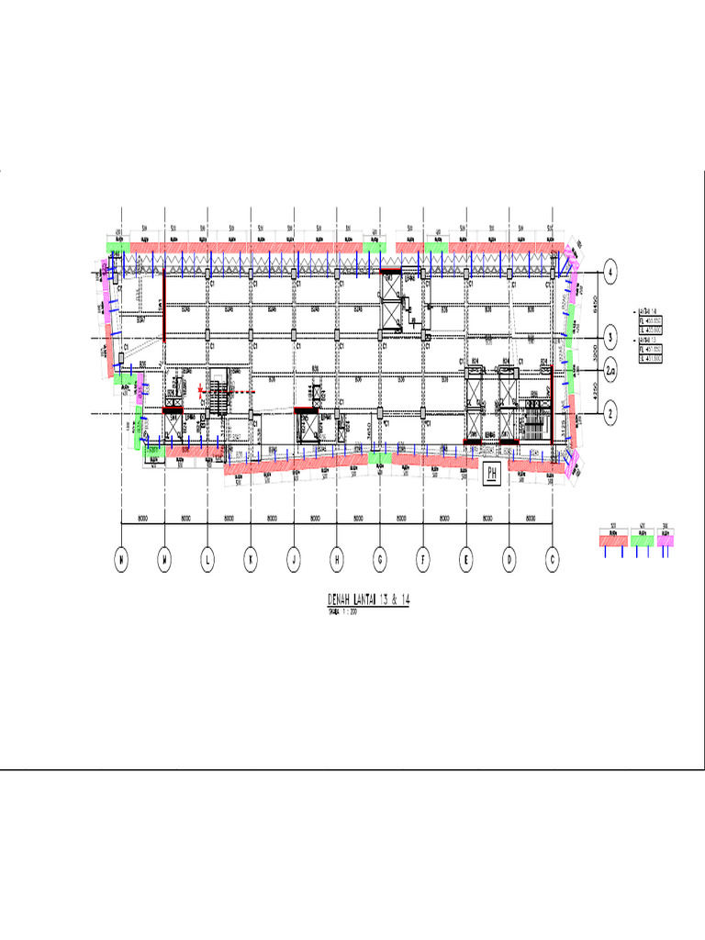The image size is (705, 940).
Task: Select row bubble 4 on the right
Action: pyautogui.click(x=610, y=272)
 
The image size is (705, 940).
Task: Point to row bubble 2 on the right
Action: pyautogui.click(x=610, y=415)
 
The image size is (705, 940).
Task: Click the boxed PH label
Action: pyautogui.click(x=491, y=475)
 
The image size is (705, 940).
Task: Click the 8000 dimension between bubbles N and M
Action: pyautogui.click(x=143, y=519)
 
